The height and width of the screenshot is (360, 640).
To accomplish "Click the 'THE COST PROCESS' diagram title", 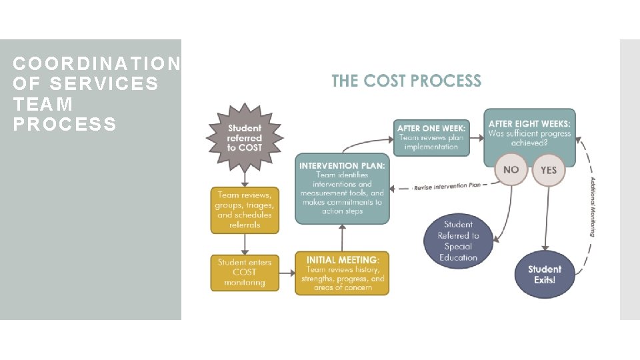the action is coord(406,81).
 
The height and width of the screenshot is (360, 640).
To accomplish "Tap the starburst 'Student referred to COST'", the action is coord(245,137).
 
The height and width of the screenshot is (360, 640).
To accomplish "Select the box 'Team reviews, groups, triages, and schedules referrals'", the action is coord(245,209).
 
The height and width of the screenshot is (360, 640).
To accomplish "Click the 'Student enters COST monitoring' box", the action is coord(245,272).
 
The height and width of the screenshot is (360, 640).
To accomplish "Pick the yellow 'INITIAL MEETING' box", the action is coord(342,273).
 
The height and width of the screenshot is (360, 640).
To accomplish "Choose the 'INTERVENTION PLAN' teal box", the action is coord(342,188).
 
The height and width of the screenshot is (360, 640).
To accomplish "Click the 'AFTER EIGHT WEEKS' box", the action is coord(529,133).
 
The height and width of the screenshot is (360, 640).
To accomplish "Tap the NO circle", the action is coord(511,170).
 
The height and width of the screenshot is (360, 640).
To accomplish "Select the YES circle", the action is coord(548,170).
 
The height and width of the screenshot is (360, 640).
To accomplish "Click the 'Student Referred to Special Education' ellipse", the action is coord(458,241).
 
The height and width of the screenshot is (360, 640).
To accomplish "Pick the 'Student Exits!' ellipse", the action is coord(545,274).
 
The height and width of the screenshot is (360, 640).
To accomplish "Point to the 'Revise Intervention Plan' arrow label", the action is coord(447,187).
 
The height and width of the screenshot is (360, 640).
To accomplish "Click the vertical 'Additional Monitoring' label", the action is coord(592,206).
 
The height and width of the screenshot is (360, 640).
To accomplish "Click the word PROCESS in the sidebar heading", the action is coord(65,124).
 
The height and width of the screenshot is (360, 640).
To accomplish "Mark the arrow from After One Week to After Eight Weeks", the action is coord(476,136).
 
